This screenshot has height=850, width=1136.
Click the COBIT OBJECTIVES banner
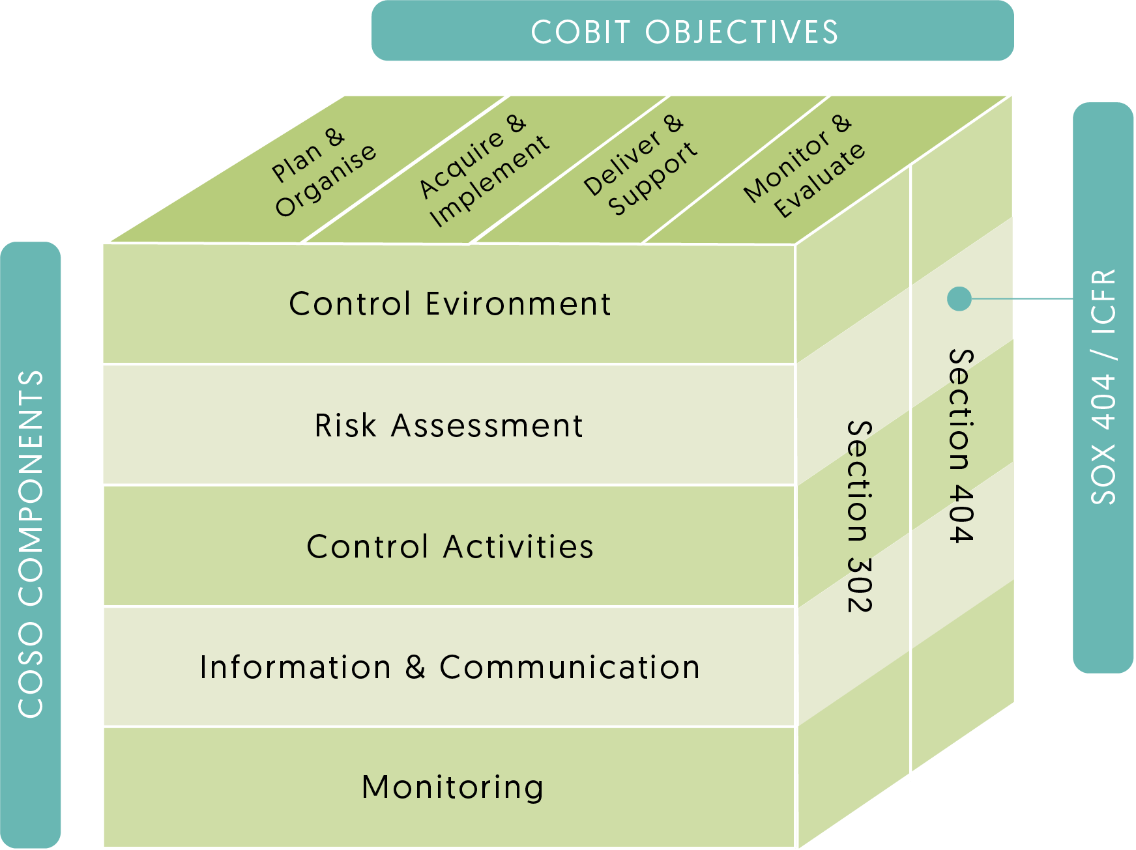click(x=692, y=31)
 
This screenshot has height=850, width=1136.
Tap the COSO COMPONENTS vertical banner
click(x=31, y=545)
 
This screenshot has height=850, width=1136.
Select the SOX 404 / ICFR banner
click(x=1103, y=387)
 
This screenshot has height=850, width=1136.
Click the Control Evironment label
click(x=450, y=304)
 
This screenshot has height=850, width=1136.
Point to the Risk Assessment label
click(x=448, y=426)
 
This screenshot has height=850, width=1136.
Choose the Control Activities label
click(x=450, y=546)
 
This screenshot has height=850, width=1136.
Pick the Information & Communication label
click(x=450, y=668)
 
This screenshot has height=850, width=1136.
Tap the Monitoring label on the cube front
click(x=452, y=787)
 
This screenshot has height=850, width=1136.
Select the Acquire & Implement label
click(x=483, y=171)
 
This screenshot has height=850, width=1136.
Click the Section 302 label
click(x=859, y=517)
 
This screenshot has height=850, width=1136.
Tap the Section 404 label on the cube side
click(x=961, y=446)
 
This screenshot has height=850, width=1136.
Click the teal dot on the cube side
click(x=959, y=299)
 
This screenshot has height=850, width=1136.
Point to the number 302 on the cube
click(x=859, y=584)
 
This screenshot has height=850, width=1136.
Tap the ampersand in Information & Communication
click(x=415, y=668)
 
